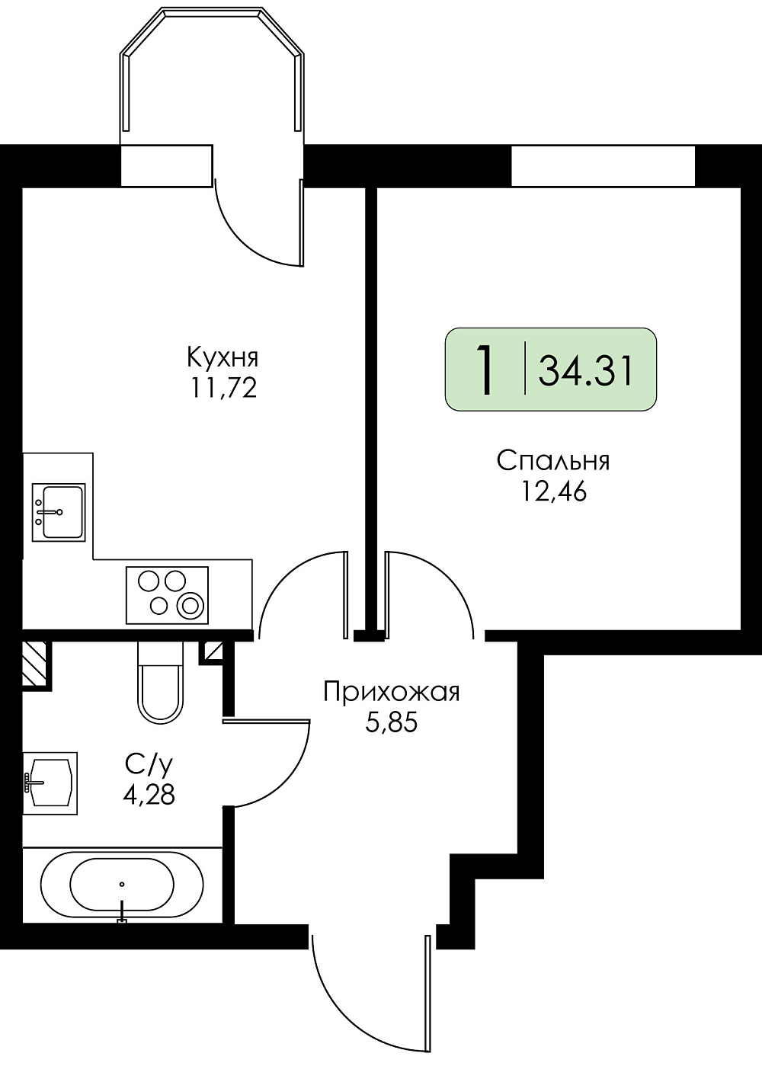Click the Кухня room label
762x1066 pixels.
223,359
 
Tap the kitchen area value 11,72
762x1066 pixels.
223,389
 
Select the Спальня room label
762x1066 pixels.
553,462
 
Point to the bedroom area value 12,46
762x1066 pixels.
554,492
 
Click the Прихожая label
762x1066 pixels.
392,692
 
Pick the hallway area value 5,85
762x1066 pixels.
391,722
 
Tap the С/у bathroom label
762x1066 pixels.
149,764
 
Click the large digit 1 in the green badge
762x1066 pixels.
485,370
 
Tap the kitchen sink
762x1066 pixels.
59,512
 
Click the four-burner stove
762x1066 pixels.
167,595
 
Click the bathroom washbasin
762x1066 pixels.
50,783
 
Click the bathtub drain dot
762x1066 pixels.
123,884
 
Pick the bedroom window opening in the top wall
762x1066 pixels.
603,165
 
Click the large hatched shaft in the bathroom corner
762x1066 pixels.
34,662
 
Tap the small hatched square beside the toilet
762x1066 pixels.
213,651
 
